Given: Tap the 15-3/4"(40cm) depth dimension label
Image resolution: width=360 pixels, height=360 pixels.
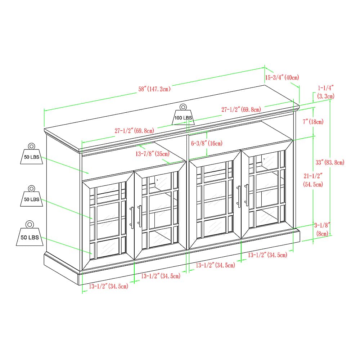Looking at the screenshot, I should (x=282, y=77).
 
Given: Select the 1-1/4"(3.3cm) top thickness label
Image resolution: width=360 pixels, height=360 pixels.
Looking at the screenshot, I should (x=326, y=92).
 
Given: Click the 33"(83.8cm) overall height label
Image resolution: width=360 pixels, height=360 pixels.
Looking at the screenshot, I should (x=330, y=162).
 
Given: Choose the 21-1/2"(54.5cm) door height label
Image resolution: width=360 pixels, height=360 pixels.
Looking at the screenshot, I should (x=313, y=180).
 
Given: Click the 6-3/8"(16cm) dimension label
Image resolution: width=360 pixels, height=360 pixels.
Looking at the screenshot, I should (x=207, y=143).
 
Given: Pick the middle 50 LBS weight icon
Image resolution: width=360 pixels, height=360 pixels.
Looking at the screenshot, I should (x=31, y=198).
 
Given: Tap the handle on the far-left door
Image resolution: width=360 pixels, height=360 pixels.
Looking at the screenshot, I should (x=132, y=217).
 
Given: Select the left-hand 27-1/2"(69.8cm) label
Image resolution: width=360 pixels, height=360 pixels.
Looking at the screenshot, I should (x=134, y=131).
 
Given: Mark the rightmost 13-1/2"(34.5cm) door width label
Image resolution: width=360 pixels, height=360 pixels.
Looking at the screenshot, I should (x=267, y=255).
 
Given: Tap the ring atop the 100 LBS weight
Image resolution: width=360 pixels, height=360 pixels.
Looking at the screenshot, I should (x=183, y=107).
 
